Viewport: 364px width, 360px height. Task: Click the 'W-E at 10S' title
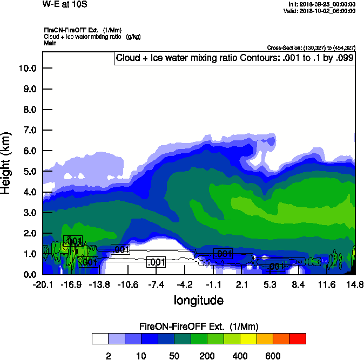pos(64,4)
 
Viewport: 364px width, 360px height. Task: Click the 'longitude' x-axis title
pos(198,300)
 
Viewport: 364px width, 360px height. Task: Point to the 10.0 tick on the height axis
pos(28,69)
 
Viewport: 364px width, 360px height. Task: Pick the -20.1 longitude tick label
pos(42,285)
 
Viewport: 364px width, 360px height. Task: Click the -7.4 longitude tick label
pos(156,285)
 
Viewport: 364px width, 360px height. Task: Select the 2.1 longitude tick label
pos(241,285)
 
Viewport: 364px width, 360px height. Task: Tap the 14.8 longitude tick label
pos(355,285)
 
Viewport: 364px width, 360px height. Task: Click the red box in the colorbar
pos(298,338)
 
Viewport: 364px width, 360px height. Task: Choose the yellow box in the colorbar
pos(248,338)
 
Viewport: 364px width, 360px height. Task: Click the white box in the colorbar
pos(100,338)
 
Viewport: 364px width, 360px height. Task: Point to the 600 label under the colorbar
pos(273,356)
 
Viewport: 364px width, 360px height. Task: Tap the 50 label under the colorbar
pos(174,356)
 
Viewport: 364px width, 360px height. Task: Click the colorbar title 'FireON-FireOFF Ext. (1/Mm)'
pos(199,327)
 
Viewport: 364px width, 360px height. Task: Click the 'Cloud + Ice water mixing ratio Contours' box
pos(235,58)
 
